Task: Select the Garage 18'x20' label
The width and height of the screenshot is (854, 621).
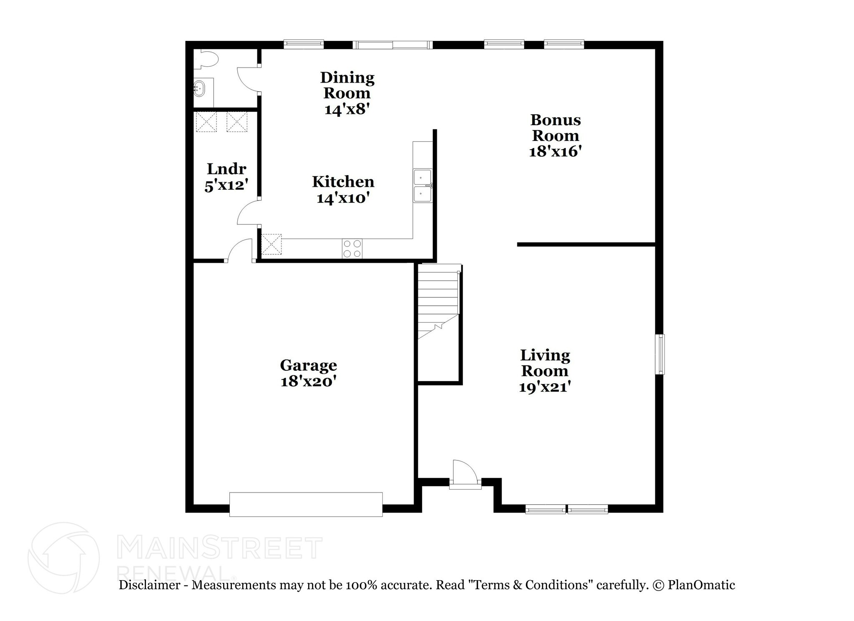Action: coord(308,373)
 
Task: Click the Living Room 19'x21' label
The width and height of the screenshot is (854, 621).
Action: coord(545,371)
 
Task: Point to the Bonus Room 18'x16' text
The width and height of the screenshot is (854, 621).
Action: coord(555,136)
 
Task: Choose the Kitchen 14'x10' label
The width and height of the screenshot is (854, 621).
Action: coord(343,189)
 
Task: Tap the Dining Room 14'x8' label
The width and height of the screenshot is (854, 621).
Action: coord(347,93)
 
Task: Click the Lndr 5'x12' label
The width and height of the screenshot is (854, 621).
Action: coord(226,176)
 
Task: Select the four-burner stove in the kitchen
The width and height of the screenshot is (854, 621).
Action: coord(352,249)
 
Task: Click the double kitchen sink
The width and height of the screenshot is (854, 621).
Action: coord(422,186)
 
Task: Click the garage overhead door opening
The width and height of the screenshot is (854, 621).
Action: coord(306,504)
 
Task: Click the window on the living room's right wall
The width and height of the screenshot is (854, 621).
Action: coord(660,354)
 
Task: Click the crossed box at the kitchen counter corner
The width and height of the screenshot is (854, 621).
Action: coord(271,244)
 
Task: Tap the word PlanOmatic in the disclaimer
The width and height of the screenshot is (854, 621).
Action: coord(701,585)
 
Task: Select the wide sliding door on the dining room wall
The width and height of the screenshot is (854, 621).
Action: coord(392,45)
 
